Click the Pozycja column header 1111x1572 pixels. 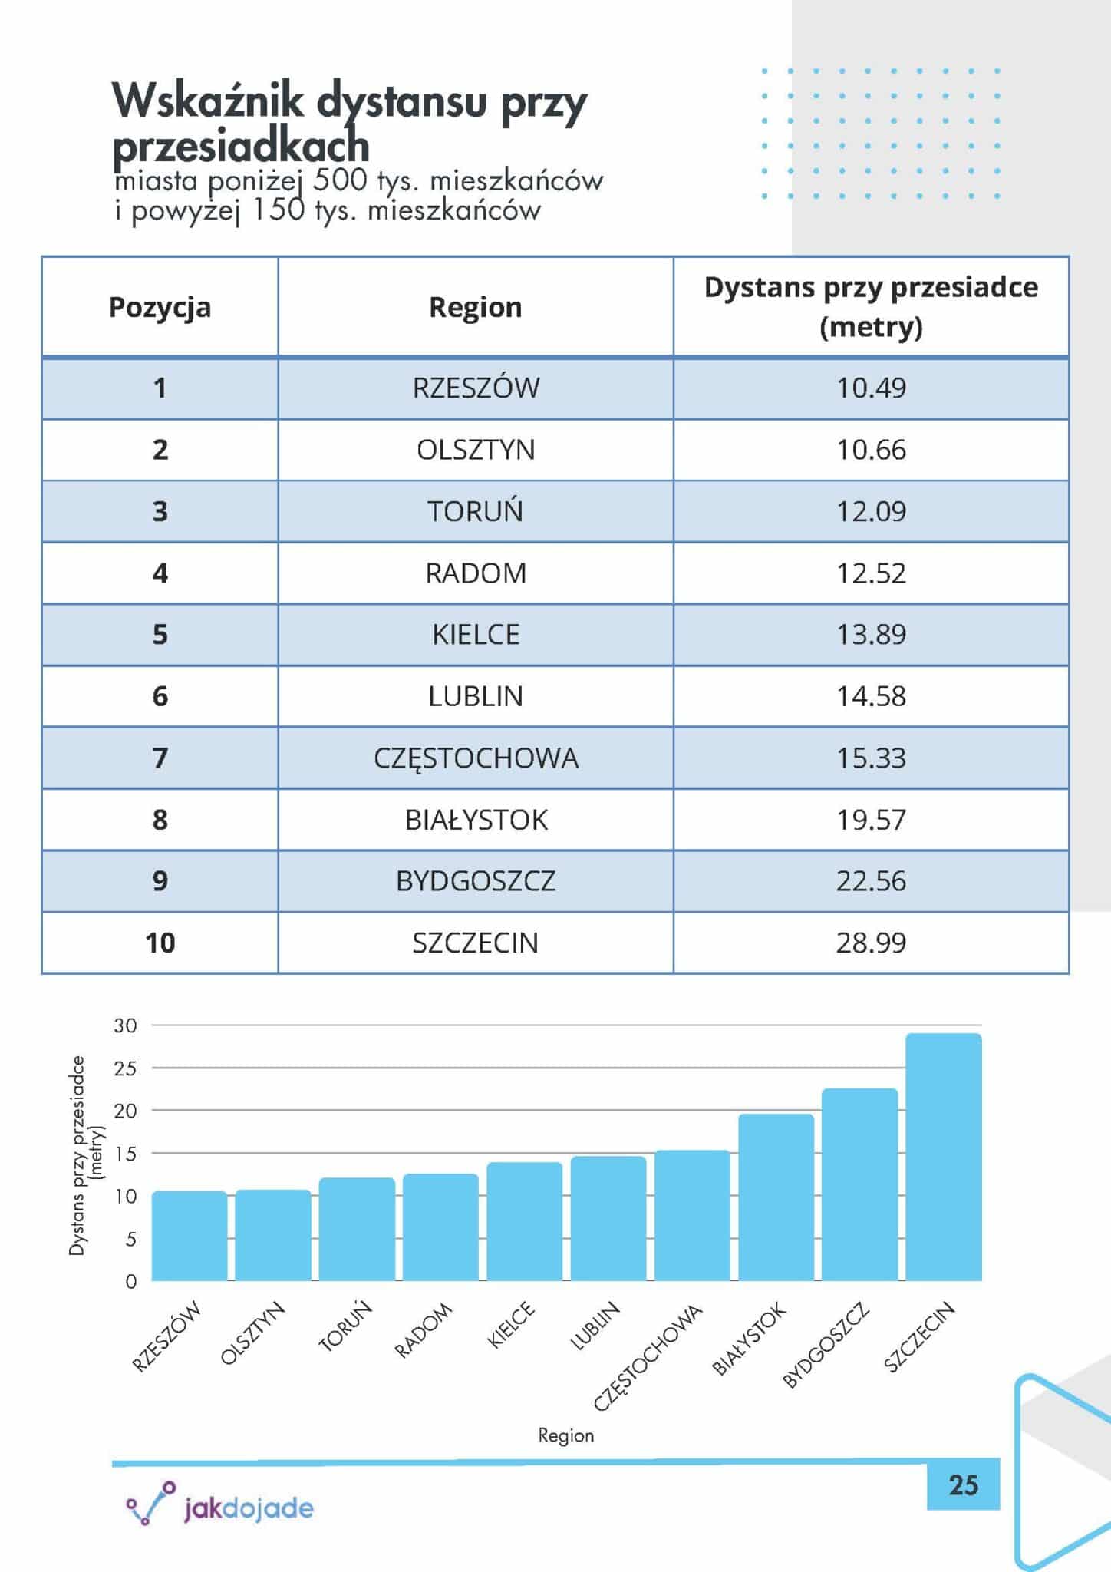(160, 308)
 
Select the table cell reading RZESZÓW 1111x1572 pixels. (476, 388)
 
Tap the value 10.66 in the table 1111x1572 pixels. (871, 450)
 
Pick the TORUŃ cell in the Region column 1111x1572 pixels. (476, 511)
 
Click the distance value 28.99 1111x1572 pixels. (871, 943)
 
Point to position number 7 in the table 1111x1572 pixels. (160, 758)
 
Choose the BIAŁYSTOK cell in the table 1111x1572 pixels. (476, 821)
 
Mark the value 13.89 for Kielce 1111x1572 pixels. (871, 635)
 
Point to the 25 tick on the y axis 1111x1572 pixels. (126, 1068)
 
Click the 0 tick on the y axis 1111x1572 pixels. (131, 1281)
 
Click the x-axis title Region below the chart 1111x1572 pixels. (565, 1435)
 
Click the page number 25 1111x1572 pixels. (963, 1485)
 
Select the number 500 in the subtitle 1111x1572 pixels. (339, 181)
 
